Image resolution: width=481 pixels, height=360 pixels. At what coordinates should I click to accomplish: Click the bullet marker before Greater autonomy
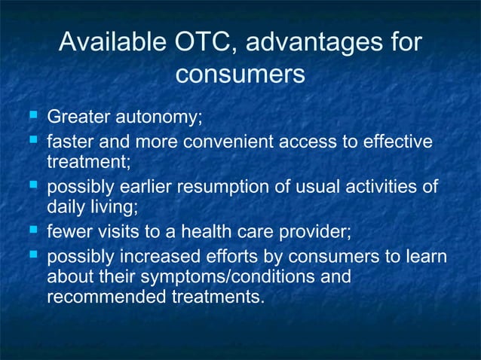coord(32,117)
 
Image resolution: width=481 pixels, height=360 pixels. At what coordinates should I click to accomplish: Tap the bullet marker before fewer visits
coord(32,230)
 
